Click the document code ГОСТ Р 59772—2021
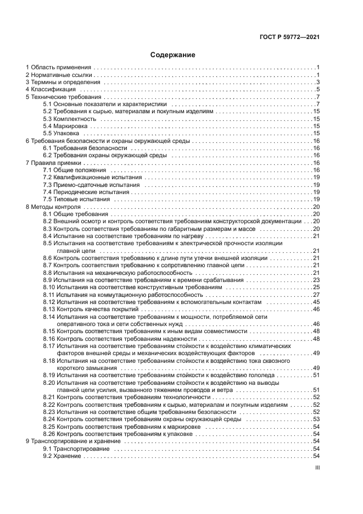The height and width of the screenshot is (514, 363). click(289, 37)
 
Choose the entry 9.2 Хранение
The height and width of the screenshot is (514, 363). click(63, 456)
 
